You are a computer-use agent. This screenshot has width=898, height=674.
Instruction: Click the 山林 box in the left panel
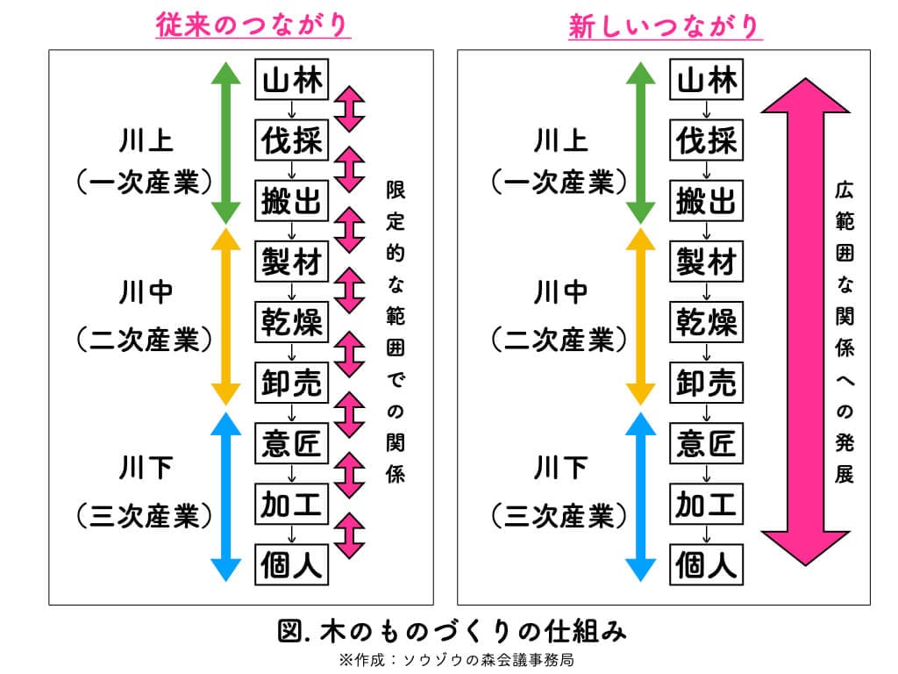(291, 81)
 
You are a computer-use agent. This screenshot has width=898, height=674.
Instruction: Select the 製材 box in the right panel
(707, 262)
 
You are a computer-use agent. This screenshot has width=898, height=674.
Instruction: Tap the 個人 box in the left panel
(291, 564)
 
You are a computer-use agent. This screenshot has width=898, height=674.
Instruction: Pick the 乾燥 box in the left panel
(291, 323)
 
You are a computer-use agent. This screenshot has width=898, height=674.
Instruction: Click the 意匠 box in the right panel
(707, 444)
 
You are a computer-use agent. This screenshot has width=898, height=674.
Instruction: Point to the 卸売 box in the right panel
(707, 384)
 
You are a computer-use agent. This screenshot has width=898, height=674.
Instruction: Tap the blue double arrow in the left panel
(226, 496)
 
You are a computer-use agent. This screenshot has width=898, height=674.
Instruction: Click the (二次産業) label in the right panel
(559, 336)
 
